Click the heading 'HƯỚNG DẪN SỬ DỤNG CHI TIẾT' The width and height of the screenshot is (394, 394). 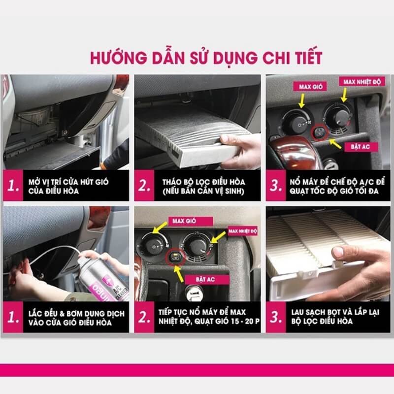pos(206,58)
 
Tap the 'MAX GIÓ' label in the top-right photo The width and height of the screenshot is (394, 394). pos(311,87)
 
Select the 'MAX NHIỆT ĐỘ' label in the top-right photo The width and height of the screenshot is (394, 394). pos(362,82)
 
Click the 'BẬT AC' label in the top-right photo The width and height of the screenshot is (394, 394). pos(360,147)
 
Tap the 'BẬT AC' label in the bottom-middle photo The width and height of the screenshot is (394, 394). pos(205,279)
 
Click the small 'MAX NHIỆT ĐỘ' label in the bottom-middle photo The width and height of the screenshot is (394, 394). pos(242,231)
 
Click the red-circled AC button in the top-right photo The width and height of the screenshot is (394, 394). pos(320,132)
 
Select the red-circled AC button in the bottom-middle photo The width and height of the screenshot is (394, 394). pos(175,257)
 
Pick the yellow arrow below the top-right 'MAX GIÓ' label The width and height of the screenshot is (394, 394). pos(302,101)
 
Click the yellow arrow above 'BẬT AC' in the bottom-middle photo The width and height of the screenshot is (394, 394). pos(179,274)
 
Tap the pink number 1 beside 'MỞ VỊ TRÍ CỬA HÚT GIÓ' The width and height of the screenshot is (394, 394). pos(13,186)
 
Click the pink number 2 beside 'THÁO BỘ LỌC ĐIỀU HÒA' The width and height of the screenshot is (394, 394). pos(144,186)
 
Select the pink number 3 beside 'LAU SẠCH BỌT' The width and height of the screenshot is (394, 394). pos(276,317)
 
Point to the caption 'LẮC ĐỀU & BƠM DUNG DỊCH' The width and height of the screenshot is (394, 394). pos(76,314)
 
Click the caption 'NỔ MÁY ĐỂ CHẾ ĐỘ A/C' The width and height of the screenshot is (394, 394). pos(337,182)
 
